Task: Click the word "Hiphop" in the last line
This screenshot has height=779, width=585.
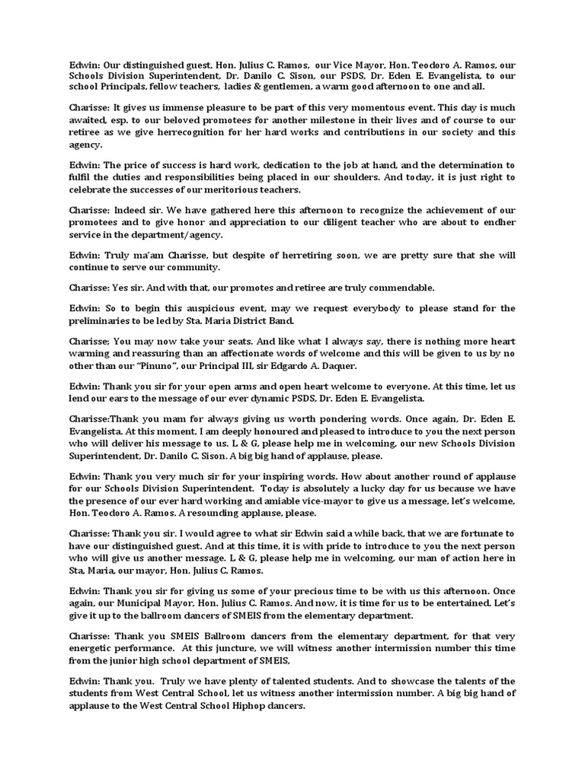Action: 245,705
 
